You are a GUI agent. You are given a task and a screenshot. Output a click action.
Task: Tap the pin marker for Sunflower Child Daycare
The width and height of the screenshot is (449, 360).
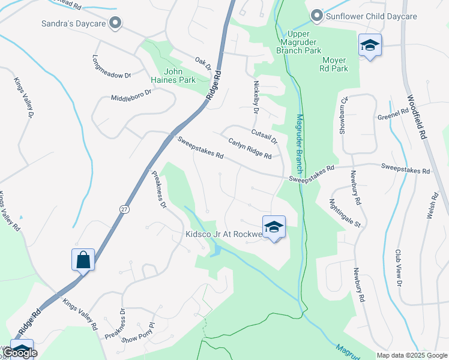pos(316,16)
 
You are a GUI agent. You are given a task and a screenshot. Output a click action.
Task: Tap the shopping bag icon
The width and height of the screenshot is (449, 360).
pos(83,260)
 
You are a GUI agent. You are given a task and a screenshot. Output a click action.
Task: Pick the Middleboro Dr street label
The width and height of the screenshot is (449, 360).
pos(132,96)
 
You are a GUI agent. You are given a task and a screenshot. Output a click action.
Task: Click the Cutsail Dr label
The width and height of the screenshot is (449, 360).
pos(265,138)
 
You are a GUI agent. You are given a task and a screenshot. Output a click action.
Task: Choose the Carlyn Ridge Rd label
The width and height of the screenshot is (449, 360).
pos(250,148)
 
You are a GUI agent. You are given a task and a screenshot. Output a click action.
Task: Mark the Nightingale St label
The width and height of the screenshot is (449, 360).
pos(345,214)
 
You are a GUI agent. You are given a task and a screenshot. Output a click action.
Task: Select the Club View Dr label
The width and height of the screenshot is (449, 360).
pos(398,268)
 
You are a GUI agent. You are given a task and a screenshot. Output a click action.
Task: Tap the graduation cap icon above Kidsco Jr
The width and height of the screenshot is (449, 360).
pos(274,227)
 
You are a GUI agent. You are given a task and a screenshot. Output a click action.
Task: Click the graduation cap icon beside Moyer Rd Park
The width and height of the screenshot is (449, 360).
pos(370,46)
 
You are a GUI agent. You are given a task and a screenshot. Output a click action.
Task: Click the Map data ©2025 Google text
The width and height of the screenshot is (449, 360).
pos(412,355)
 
